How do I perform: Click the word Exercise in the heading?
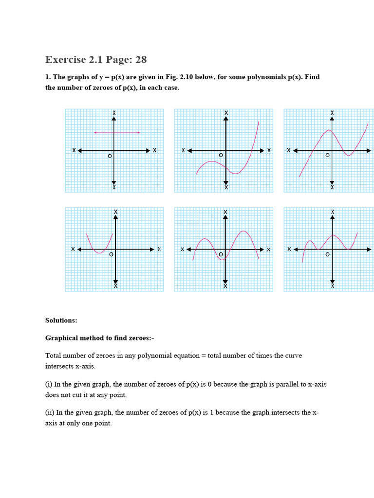(65, 60)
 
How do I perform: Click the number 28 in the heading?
(141, 60)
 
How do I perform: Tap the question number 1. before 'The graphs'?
(48, 77)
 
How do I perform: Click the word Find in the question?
(312, 77)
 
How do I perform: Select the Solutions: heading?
(61, 320)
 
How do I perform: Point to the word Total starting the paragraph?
(54, 356)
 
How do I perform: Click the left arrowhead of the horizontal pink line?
(95, 132)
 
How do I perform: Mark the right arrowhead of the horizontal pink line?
(139, 132)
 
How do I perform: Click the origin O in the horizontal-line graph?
(110, 156)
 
